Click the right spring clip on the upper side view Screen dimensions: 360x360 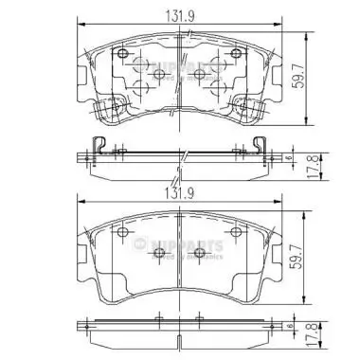(x=262, y=145)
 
